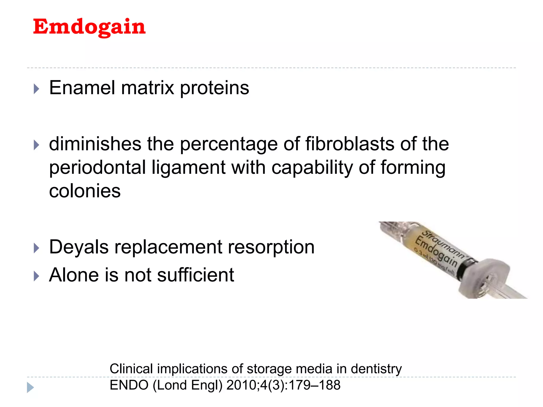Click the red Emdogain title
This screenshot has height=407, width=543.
tap(89, 27)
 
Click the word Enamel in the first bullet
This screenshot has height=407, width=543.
tap(82, 88)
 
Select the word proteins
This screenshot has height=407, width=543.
tap(214, 88)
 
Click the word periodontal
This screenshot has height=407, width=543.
tap(98, 168)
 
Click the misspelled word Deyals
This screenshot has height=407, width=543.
tap(79, 247)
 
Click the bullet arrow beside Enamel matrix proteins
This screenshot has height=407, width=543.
tap(37, 89)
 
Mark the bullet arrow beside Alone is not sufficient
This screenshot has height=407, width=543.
tap(37, 276)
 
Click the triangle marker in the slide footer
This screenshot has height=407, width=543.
tap(30, 387)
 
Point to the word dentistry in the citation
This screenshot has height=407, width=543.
tap(376, 369)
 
